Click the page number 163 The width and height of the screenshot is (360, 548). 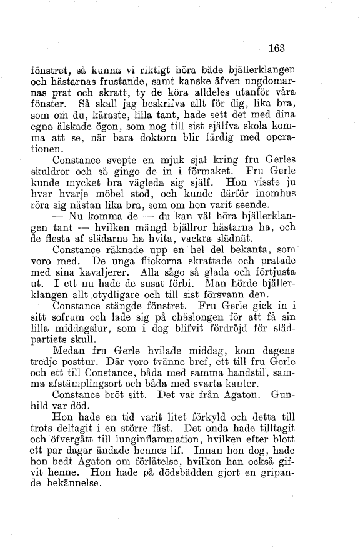276,46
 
